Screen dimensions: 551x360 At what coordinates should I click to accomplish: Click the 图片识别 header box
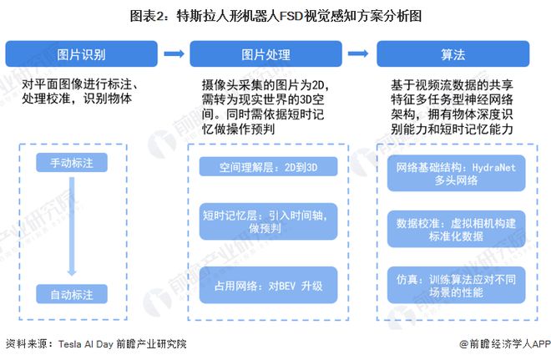82,53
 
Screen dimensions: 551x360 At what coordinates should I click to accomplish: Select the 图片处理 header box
266,53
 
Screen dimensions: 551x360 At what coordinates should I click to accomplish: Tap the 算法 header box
453,53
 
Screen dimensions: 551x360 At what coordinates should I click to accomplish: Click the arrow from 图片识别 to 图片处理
174,53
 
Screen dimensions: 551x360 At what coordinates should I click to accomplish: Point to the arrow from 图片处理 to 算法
358,53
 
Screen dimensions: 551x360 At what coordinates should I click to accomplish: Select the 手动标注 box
72,162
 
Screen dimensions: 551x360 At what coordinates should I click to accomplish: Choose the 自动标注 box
72,294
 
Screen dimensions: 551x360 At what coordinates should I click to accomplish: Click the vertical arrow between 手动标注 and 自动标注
72,226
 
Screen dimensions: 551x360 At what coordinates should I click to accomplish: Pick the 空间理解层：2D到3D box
269,167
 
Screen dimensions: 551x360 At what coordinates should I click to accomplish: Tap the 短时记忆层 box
269,221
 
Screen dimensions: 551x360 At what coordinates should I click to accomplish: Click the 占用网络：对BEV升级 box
269,285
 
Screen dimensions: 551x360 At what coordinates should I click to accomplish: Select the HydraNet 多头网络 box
456,174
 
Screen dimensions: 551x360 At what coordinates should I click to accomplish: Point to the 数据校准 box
456,229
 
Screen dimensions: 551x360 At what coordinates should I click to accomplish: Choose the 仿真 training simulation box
456,285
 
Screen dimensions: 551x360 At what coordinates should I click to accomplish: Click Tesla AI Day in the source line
85,344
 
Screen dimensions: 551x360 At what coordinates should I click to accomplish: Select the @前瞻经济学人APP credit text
505,344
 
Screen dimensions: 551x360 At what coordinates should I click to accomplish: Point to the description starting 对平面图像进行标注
79,91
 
